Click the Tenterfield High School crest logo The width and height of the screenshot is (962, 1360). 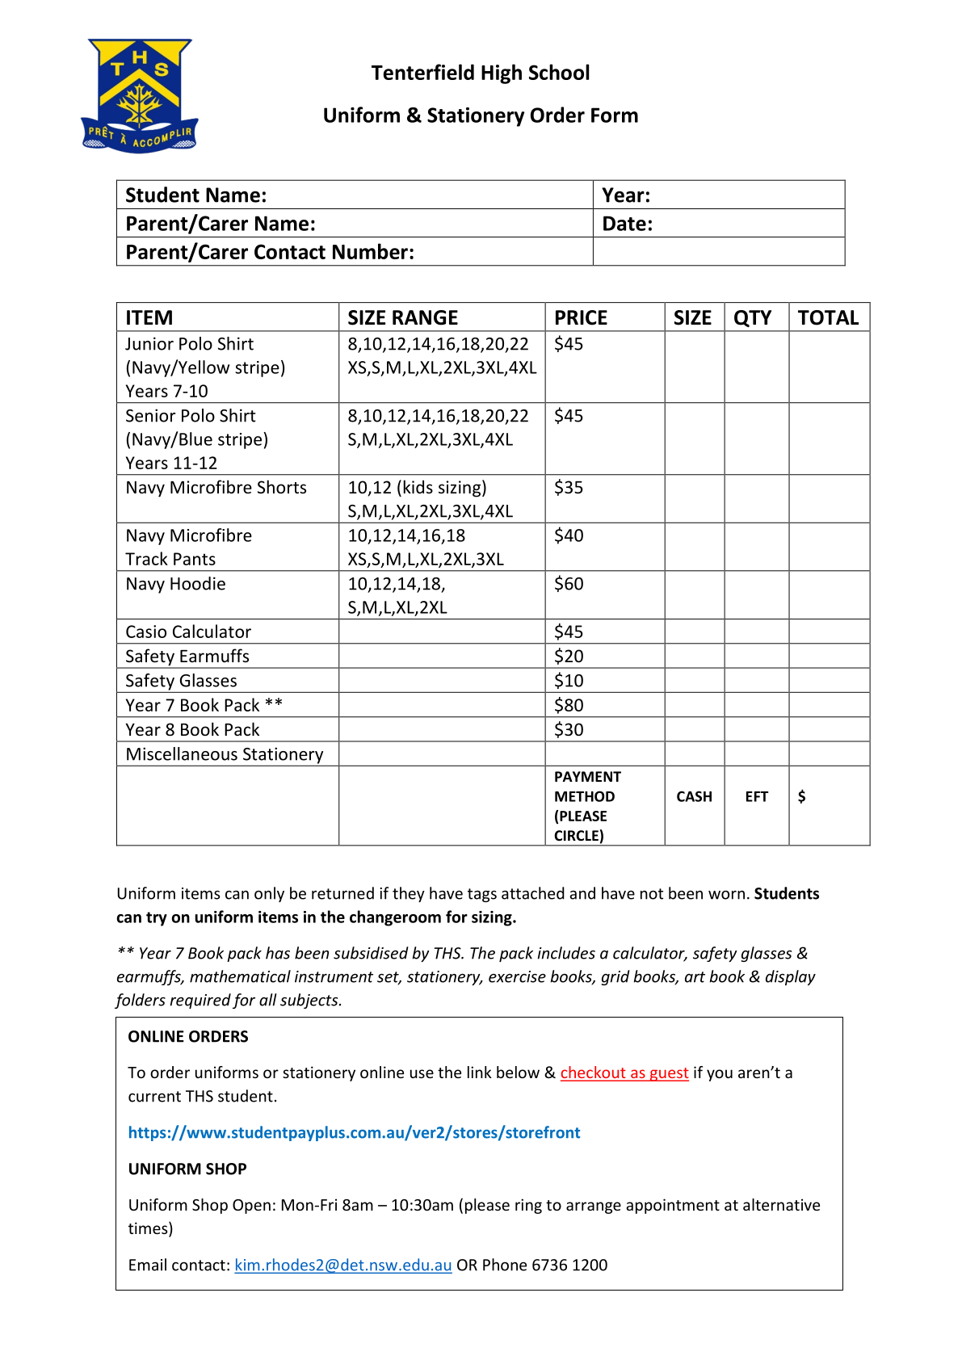tap(140, 95)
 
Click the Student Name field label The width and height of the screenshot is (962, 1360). tap(196, 195)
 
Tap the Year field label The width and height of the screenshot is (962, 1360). tap(626, 195)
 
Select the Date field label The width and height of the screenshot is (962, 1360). tap(627, 224)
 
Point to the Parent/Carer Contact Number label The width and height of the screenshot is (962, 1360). tap(270, 252)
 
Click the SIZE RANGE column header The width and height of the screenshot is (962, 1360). tap(402, 317)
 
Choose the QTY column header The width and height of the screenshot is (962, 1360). tap(752, 317)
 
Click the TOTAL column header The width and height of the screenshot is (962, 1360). tap(828, 317)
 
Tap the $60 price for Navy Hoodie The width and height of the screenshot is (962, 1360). tap(569, 584)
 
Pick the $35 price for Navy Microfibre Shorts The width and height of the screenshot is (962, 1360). tap(569, 488)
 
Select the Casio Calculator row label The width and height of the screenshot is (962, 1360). tap(188, 632)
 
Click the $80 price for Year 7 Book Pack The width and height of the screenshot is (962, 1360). tap(569, 705)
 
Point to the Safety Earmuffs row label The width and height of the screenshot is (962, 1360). tap(187, 656)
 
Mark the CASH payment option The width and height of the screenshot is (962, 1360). tap(694, 796)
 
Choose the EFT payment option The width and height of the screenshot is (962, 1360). tap(756, 796)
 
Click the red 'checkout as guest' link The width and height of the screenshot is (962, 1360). tap(624, 1072)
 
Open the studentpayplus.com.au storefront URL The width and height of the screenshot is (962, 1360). tap(354, 1132)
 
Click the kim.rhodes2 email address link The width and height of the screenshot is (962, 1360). tap(342, 1265)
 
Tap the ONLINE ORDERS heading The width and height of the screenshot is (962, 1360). tap(188, 1036)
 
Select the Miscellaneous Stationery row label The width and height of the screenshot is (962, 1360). tap(225, 754)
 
